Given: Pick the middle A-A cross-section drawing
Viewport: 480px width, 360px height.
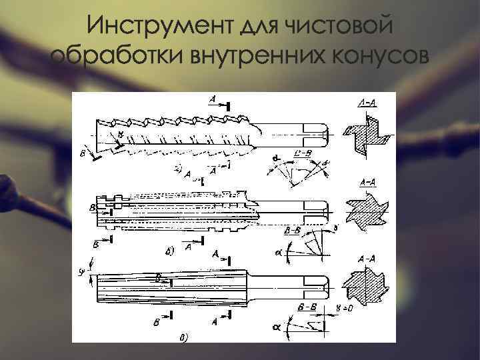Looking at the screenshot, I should (x=365, y=207).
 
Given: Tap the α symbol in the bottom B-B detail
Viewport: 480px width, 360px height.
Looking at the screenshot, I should (x=277, y=327).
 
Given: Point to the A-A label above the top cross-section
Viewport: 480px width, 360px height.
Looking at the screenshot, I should (x=366, y=101).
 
